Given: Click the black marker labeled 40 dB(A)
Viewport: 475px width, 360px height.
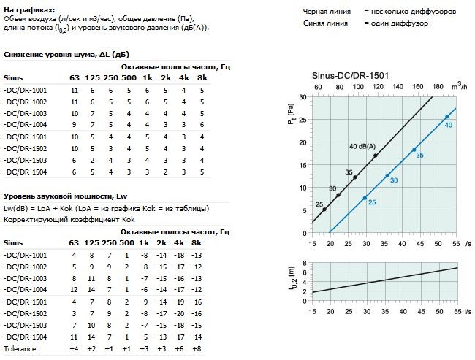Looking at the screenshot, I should (x=376, y=155).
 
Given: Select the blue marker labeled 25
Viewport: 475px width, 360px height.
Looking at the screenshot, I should (x=365, y=197).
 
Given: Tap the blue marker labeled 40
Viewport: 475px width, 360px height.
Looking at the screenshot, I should (x=447, y=117).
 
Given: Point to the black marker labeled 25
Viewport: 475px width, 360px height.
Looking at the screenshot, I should (x=324, y=210).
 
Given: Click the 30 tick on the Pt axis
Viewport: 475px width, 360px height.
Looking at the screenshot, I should (x=303, y=96).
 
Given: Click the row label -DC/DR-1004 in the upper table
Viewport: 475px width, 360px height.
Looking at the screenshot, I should (x=25, y=125).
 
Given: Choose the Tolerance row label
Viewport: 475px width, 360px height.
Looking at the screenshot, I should (x=20, y=349).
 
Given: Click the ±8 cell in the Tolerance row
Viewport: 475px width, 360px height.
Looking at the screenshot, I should (x=196, y=349).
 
